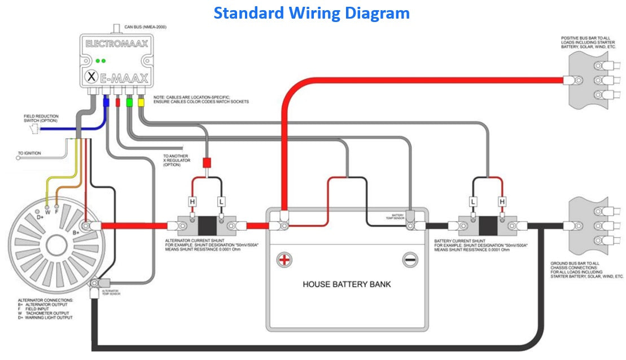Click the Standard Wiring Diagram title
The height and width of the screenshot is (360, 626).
click(312, 12)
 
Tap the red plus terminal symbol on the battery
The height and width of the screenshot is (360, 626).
click(284, 260)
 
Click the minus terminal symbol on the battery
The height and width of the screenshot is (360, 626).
click(410, 260)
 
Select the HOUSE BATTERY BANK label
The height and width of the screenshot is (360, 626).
click(347, 284)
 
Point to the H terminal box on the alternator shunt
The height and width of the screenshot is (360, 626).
click(192, 201)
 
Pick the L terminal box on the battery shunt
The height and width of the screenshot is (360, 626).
click(473, 201)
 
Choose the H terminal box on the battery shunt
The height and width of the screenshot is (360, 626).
click(501, 201)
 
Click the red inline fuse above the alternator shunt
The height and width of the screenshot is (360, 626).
click(207, 163)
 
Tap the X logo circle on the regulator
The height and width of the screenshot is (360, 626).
click(90, 77)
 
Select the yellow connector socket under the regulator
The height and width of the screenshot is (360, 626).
click(141, 102)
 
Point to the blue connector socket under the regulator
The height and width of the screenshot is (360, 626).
click(106, 103)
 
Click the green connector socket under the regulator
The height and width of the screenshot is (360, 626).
click(129, 102)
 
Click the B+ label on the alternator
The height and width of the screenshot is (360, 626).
click(76, 231)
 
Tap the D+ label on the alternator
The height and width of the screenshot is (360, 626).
click(40, 217)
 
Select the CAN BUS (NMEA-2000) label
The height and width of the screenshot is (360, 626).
click(145, 27)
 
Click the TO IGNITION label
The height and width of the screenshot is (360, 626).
click(29, 153)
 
